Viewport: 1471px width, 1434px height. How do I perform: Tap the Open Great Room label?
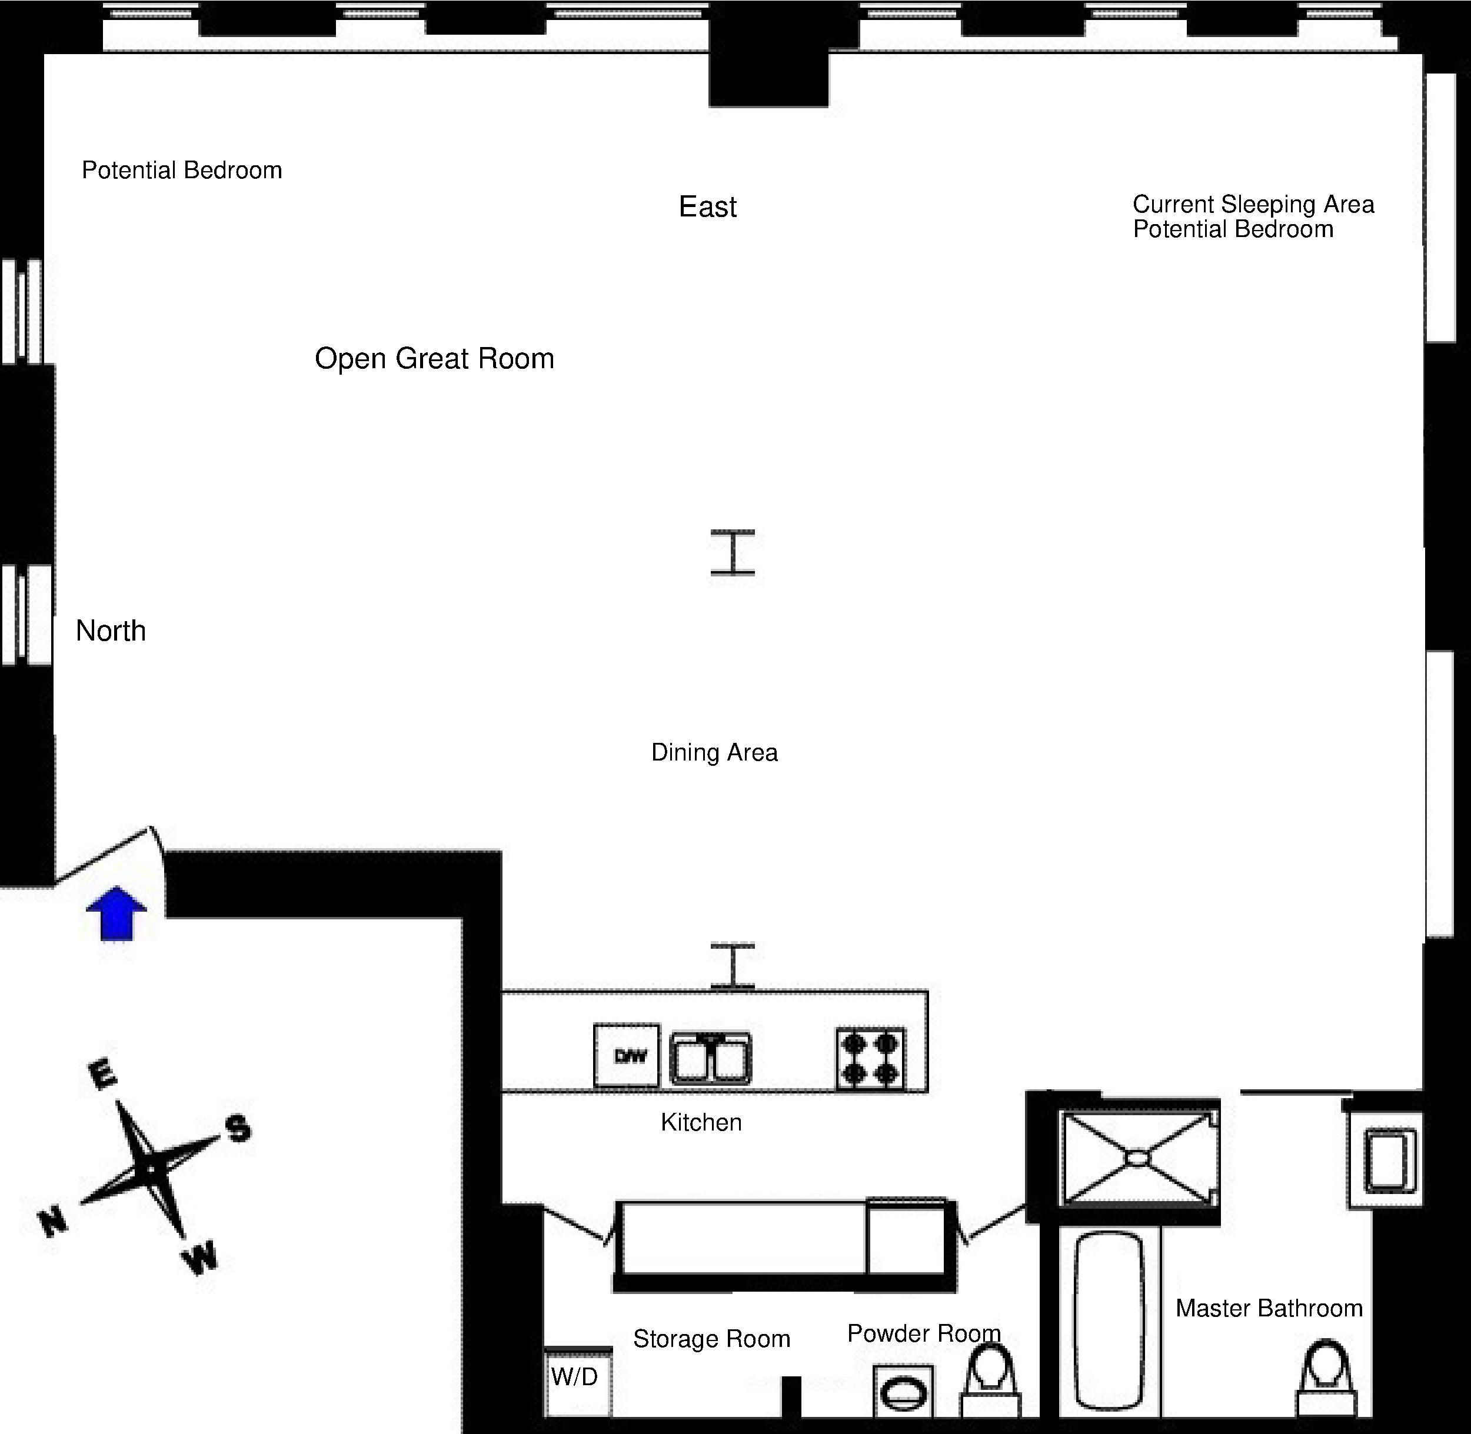(x=434, y=359)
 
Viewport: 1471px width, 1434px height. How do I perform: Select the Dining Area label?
(x=714, y=752)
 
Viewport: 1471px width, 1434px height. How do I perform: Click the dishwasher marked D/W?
(x=626, y=1055)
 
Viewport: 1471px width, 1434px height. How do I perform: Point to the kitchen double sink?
(x=711, y=1058)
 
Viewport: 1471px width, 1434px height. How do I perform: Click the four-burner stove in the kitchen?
(x=870, y=1058)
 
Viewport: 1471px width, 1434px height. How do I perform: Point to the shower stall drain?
(x=1137, y=1157)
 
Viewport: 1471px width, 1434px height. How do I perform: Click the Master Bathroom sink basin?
(x=1387, y=1160)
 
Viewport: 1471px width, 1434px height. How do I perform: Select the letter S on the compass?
(x=238, y=1128)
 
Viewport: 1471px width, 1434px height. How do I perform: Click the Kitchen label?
(x=701, y=1122)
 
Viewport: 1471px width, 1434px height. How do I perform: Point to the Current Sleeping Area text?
(x=1253, y=204)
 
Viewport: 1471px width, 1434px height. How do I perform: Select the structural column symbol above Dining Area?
(x=733, y=552)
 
